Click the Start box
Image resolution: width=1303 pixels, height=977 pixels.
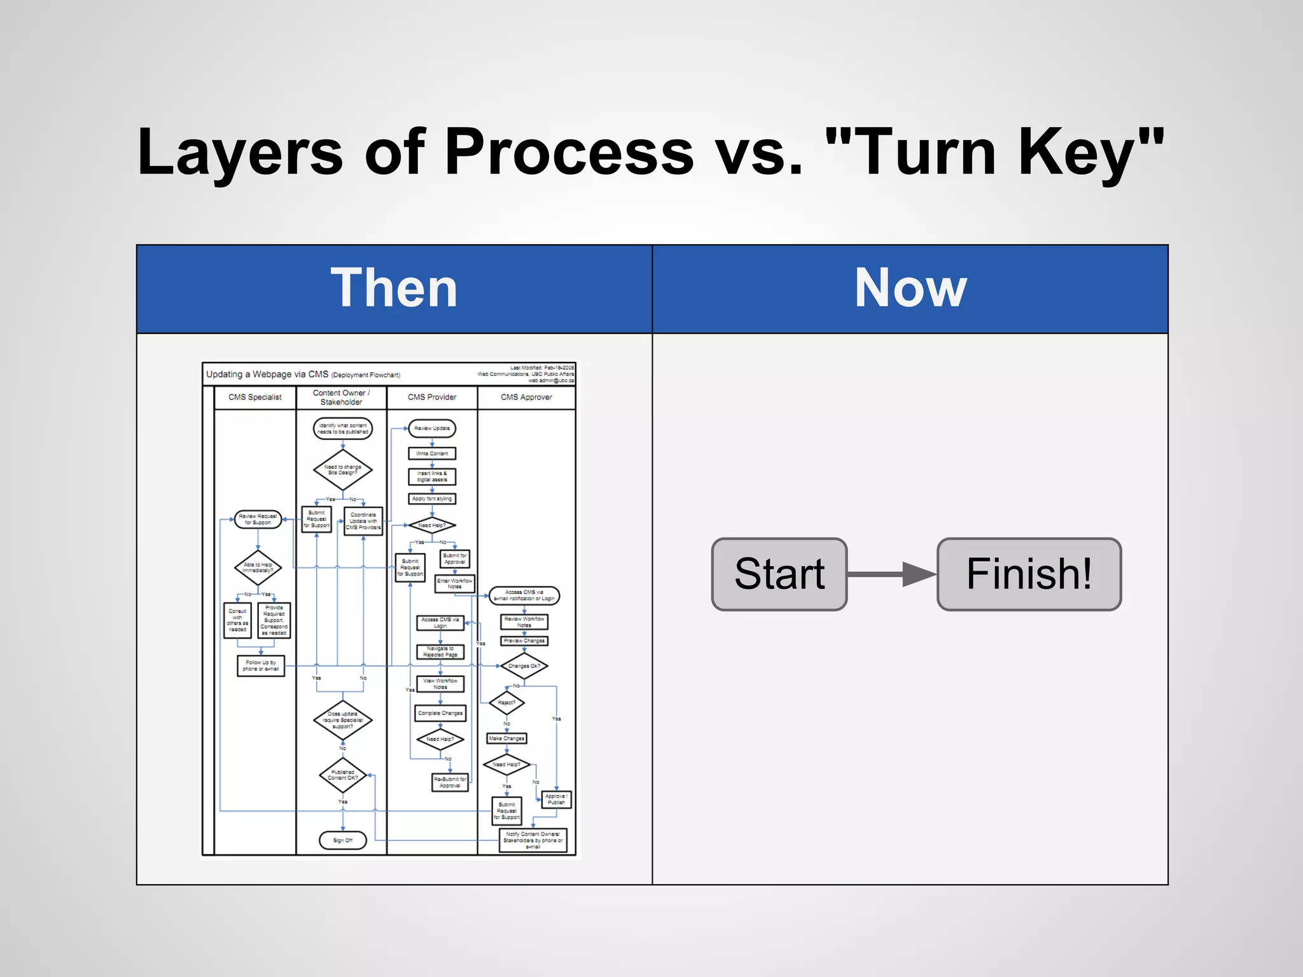[x=779, y=574]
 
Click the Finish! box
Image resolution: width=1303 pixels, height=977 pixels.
[x=1029, y=574]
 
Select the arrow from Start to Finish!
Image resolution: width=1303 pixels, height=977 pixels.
[x=891, y=574]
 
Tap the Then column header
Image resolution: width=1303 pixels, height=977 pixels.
[x=394, y=289]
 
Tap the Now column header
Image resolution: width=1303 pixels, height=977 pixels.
[x=910, y=289]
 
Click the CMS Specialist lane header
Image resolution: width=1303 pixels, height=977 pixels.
[x=254, y=397]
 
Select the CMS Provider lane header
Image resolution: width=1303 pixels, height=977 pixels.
[x=432, y=397]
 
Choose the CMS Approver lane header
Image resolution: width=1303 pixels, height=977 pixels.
[x=526, y=397]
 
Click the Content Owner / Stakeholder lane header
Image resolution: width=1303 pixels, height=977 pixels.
[x=341, y=397]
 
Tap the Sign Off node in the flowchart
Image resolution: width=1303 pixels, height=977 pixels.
[x=343, y=840]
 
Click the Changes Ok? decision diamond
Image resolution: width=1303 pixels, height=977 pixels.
[x=524, y=666]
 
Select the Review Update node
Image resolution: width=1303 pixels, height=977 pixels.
[x=432, y=428]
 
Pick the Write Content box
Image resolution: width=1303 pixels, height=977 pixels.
[x=432, y=454]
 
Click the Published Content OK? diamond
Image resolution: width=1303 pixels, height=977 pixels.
[x=343, y=775]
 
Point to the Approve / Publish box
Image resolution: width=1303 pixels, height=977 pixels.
[x=556, y=799]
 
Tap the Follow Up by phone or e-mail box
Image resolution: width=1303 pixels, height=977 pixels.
[x=261, y=665]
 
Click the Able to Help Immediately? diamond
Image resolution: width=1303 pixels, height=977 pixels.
[x=258, y=567]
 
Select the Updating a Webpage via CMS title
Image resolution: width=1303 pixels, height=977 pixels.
[x=267, y=374]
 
